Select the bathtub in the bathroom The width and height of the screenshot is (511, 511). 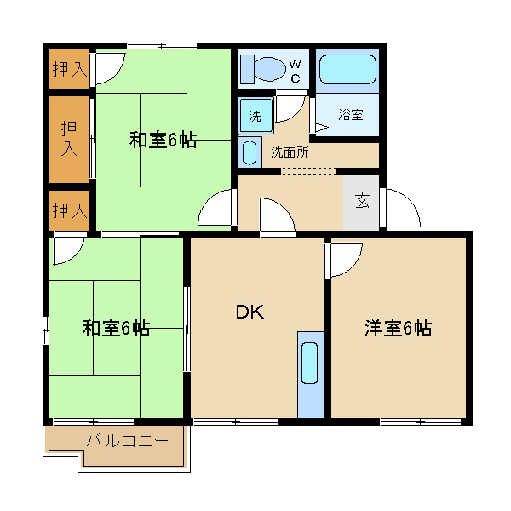click(347, 70)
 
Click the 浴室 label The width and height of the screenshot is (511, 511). click(351, 114)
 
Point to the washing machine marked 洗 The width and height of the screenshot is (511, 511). click(255, 116)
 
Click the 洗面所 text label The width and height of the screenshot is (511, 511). click(290, 152)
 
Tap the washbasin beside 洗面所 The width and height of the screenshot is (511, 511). click(250, 152)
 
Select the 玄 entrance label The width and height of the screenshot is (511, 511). click(362, 201)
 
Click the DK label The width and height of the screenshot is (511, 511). click(250, 312)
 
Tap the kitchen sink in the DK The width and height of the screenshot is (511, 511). click(310, 363)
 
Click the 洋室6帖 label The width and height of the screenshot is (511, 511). click(399, 328)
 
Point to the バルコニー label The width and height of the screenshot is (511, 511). click(128, 441)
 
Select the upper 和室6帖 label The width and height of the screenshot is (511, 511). click(163, 140)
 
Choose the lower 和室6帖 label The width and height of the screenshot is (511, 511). click(116, 328)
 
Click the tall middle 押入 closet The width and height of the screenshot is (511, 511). click(70, 140)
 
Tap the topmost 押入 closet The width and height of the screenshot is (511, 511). click(70, 69)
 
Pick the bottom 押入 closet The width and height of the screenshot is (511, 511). click(70, 210)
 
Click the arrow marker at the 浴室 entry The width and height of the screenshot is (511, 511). click(322, 128)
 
